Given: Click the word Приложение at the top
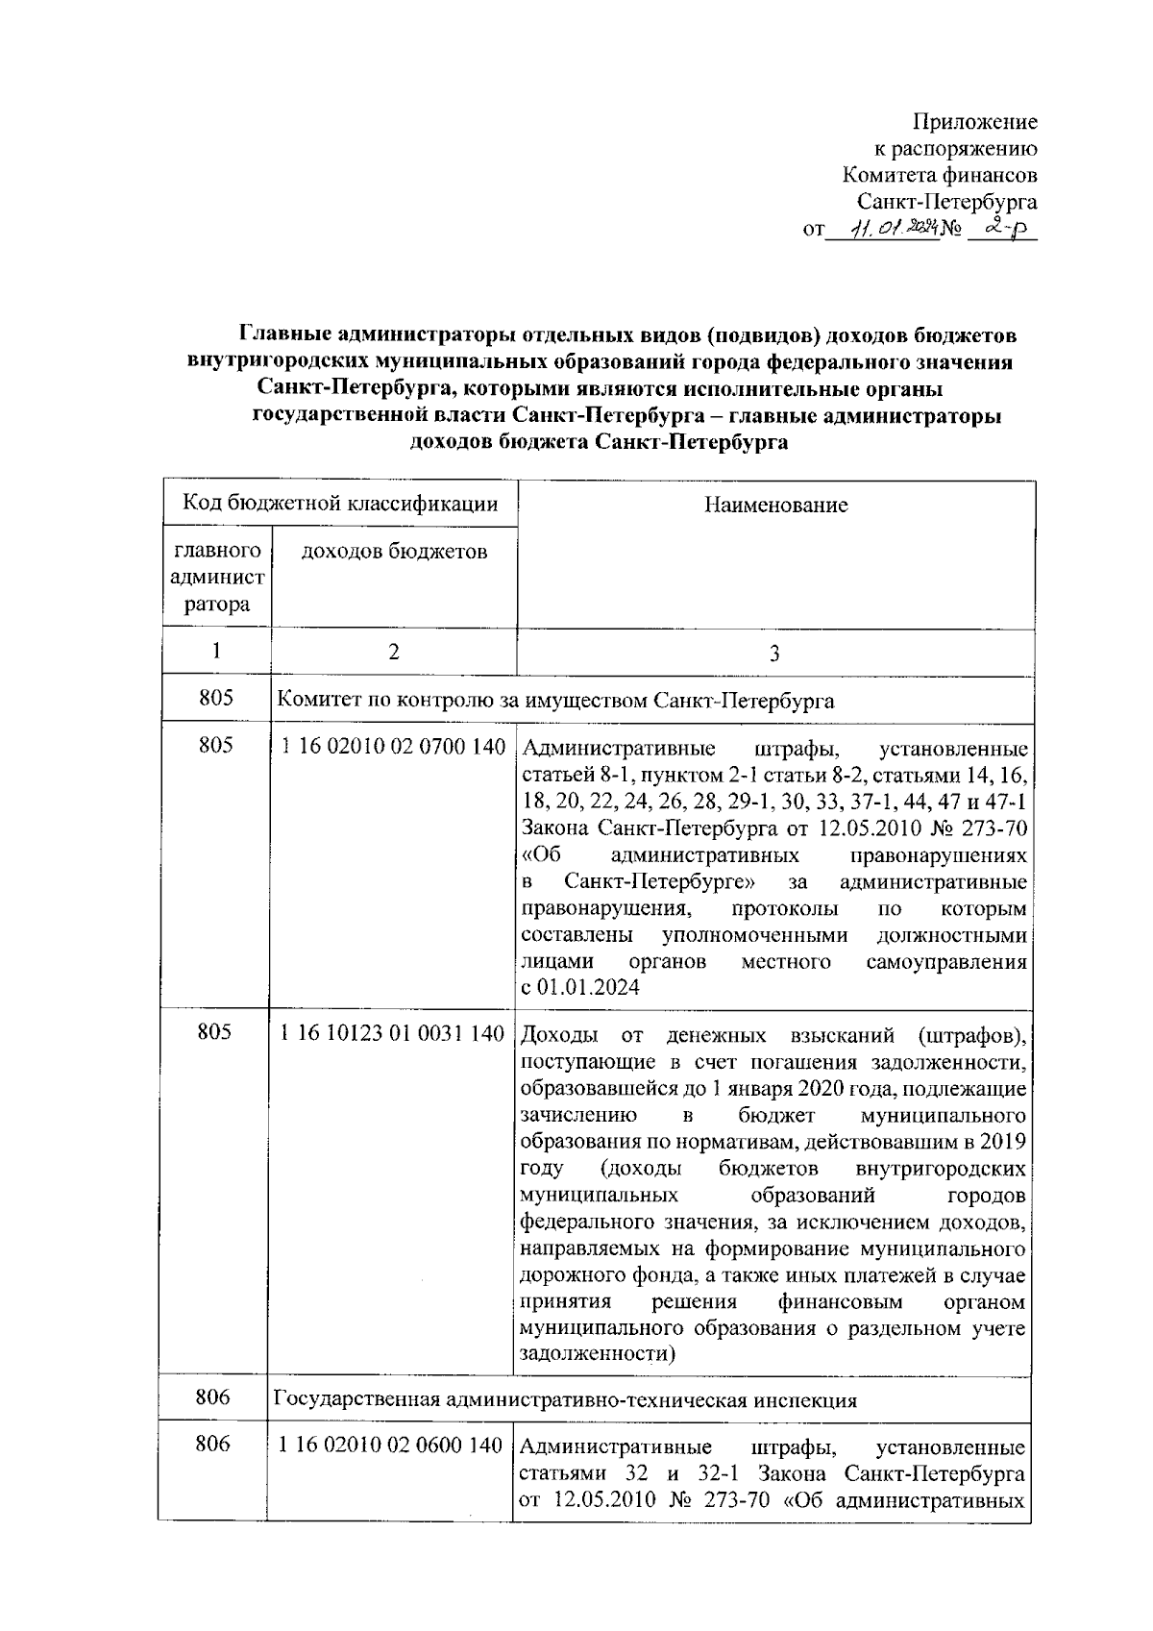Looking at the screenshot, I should [974, 123].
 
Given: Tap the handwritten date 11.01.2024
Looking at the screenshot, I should [883, 230].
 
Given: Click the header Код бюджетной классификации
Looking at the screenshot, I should [340, 503].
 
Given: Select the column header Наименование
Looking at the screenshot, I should [775, 505].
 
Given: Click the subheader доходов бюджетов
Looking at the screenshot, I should [394, 551].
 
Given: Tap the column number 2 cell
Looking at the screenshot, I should [394, 652].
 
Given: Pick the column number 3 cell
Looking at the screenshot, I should [774, 654].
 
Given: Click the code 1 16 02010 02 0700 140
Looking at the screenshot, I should [393, 748].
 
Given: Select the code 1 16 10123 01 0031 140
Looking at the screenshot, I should [392, 1033].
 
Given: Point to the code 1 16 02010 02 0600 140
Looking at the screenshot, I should [391, 1445].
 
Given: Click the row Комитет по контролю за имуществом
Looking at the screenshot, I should [555, 701].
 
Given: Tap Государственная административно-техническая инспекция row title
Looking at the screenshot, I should [565, 1399].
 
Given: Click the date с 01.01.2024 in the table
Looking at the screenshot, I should [579, 987].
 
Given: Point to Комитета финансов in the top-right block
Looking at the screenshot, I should [939, 176].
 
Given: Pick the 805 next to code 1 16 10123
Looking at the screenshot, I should [215, 1033].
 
